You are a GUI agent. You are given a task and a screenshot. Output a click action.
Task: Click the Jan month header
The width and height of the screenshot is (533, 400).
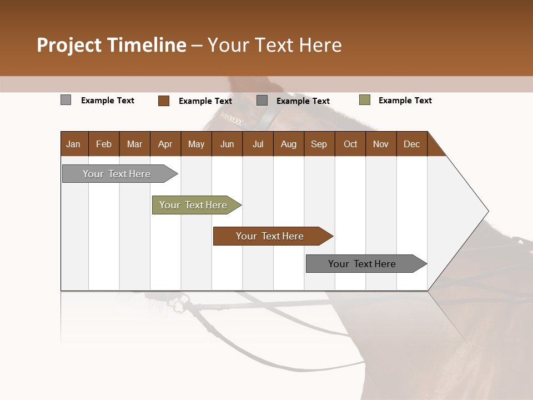(73, 144)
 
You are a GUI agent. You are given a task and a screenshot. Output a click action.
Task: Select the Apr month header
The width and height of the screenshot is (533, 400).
(165, 144)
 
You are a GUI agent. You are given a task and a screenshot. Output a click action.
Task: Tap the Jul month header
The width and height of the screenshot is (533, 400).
(258, 144)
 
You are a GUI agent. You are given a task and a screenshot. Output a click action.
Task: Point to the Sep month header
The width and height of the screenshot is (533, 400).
(319, 144)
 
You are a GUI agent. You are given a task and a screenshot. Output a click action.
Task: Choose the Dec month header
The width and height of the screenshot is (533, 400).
(411, 144)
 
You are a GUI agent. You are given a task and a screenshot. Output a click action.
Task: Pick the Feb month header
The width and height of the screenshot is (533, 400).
(104, 144)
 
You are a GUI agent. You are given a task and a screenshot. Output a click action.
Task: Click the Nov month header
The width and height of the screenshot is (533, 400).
(380, 144)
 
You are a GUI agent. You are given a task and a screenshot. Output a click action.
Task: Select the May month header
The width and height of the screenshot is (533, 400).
(196, 144)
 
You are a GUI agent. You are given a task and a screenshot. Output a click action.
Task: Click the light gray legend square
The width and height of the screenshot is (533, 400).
(66, 100)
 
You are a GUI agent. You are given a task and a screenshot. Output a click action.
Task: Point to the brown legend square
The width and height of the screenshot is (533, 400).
(164, 101)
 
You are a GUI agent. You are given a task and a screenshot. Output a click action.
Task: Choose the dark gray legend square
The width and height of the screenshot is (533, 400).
(262, 101)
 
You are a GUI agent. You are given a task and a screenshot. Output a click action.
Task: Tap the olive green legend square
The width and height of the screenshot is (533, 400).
(364, 100)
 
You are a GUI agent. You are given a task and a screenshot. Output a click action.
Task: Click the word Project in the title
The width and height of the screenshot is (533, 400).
(68, 45)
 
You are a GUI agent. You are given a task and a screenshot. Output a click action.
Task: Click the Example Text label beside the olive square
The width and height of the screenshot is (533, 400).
(405, 101)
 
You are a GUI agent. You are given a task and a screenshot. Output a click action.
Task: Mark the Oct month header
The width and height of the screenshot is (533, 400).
(350, 144)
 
